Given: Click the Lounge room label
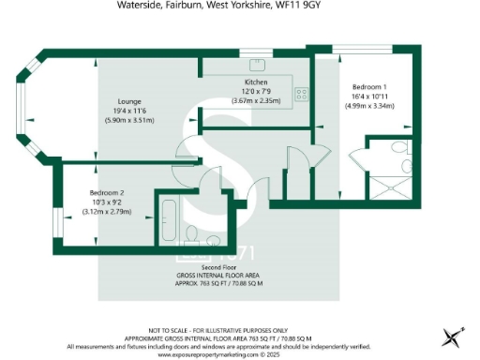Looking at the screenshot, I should [128, 101].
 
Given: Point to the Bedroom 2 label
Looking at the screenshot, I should [106, 192].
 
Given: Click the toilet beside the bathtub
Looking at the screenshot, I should [192, 232].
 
